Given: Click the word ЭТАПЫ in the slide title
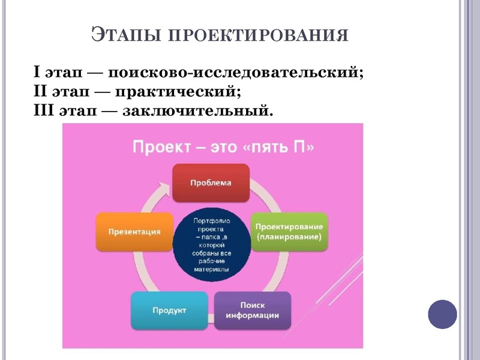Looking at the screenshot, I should tap(124, 34).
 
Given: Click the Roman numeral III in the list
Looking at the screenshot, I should tap(44, 111).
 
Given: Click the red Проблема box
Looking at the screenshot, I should tap(211, 183).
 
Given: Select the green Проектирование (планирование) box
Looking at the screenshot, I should tap(289, 232).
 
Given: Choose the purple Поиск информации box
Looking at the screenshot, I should tap(253, 310).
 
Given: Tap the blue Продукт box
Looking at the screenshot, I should tap(169, 310).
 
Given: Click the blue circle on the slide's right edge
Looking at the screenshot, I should tap(442, 314).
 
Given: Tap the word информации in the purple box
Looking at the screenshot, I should tap(253, 316).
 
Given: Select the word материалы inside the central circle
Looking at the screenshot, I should tap(211, 270).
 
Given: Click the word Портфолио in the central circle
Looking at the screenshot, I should tap(211, 221).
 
